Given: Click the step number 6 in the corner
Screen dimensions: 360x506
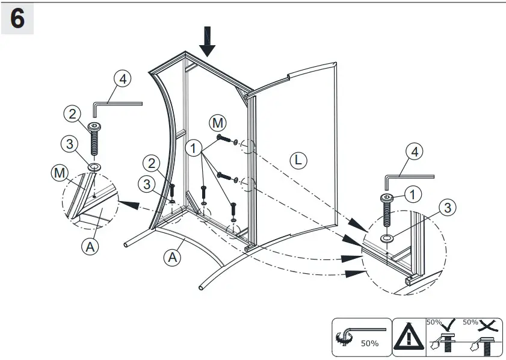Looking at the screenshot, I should (x=17, y=19).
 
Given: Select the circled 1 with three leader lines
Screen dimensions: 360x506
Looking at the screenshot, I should (x=194, y=147).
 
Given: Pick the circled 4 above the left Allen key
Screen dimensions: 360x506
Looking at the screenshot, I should (x=122, y=79).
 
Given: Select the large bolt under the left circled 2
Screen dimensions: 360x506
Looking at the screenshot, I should (x=95, y=140).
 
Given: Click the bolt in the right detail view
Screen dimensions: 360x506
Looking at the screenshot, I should (x=385, y=212).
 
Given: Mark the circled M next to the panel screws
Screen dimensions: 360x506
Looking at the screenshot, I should (x=217, y=123).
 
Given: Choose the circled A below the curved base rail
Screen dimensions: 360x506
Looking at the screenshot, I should (x=173, y=257).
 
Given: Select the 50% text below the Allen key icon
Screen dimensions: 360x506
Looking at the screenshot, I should (x=369, y=344).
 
